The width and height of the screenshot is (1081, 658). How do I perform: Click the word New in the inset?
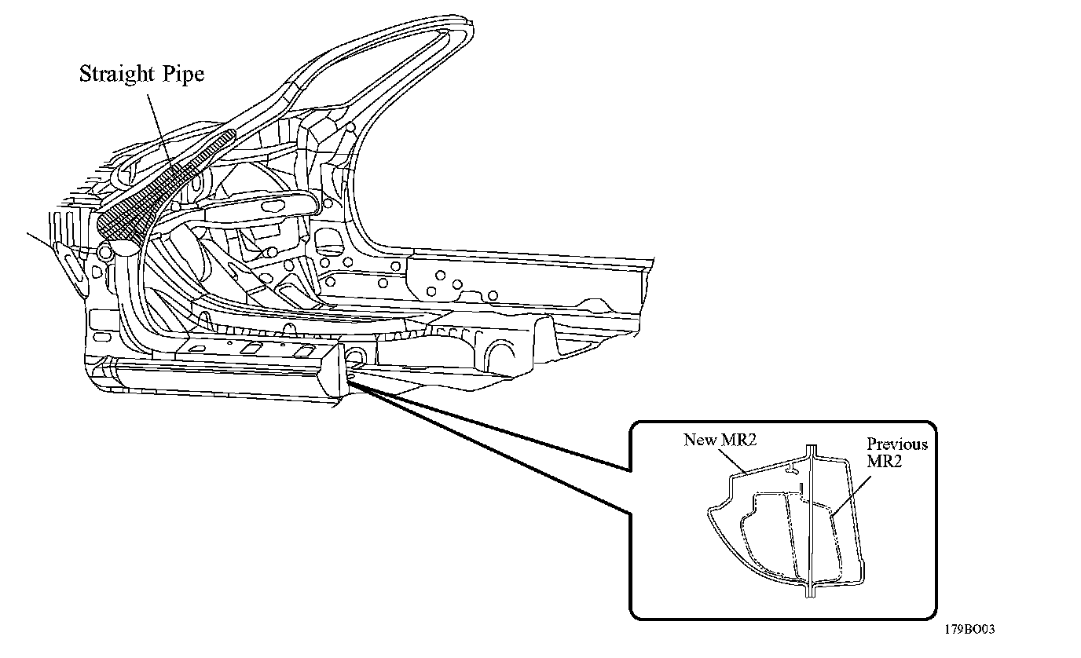click(699, 440)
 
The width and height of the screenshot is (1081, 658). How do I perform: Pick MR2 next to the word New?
click(738, 440)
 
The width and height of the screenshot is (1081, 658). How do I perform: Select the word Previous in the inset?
click(897, 444)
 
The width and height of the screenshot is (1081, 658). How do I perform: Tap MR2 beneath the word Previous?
click(884, 462)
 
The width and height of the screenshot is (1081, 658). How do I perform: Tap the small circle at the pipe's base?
click(104, 252)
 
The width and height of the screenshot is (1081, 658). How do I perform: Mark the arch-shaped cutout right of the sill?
click(501, 351)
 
